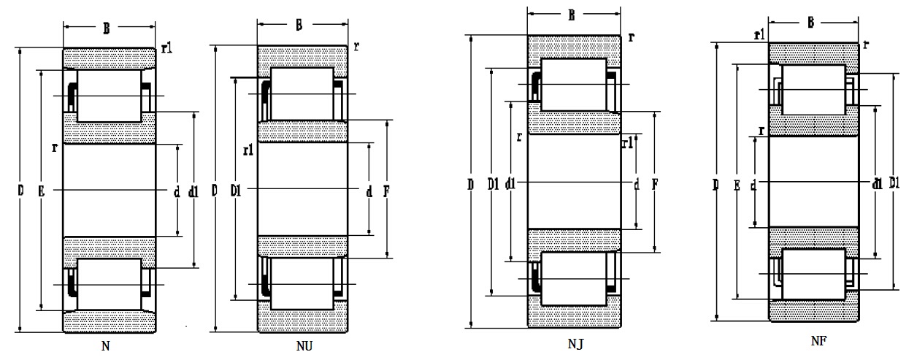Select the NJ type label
tap(574, 343)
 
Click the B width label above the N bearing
tap(107, 29)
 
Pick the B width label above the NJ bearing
tap(572, 15)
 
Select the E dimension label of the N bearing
tap(42, 192)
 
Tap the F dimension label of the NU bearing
tap(386, 192)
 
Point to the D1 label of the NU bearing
tap(235, 192)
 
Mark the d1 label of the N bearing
tap(193, 193)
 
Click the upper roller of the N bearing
tap(109, 96)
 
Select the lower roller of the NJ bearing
tap(575, 277)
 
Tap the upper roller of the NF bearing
tap(813, 90)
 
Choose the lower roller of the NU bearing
tap(303, 283)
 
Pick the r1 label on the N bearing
tap(166, 49)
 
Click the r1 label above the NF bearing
tap(759, 34)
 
